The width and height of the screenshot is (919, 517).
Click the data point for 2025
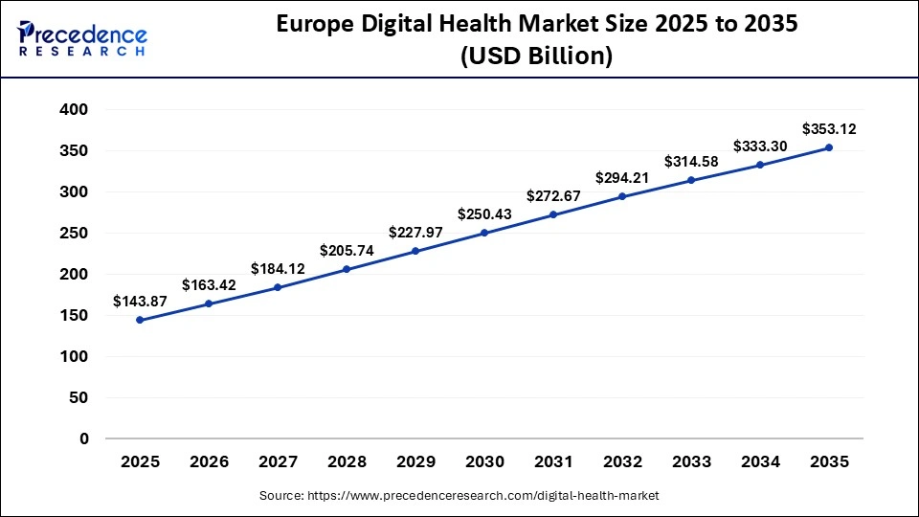pyautogui.click(x=140, y=320)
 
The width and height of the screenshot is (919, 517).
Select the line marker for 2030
pyautogui.click(x=484, y=233)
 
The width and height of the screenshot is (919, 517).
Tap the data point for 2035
pyautogui.click(x=829, y=147)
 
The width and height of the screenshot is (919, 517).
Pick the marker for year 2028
pyautogui.click(x=347, y=269)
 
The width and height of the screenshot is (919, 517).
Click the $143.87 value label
pyautogui.click(x=140, y=302)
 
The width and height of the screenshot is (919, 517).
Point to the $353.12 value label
pyautogui.click(x=829, y=128)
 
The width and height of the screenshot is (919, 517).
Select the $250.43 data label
pyautogui.click(x=484, y=214)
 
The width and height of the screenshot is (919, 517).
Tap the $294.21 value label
pyautogui.click(x=622, y=177)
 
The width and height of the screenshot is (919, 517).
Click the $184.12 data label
pyautogui.click(x=278, y=269)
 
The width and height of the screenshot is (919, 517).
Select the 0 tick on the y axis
pyautogui.click(x=83, y=438)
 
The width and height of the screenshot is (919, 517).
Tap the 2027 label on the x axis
pyautogui.click(x=278, y=461)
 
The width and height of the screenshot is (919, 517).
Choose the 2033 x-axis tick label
pyautogui.click(x=691, y=461)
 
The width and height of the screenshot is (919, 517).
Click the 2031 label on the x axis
pyautogui.click(x=553, y=461)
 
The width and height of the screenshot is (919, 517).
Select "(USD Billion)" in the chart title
pyautogui.click(x=536, y=56)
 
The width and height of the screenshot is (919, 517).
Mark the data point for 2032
pyautogui.click(x=622, y=196)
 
